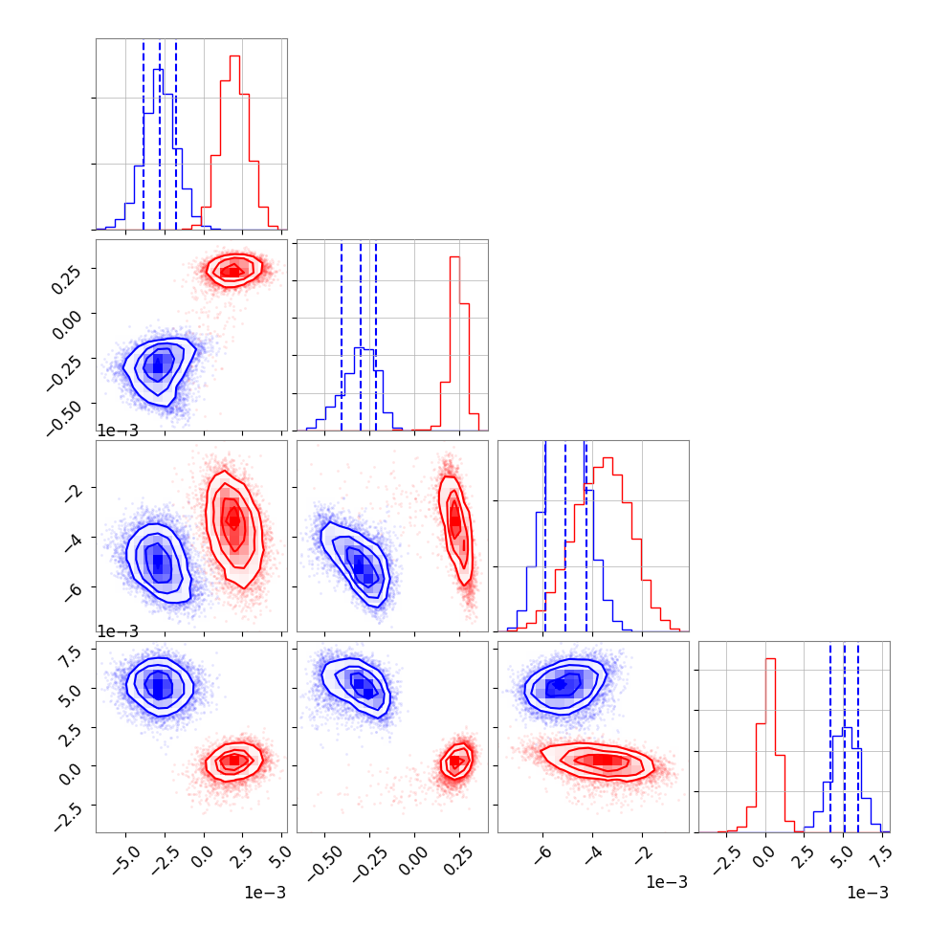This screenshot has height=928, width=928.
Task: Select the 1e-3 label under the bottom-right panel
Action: point(868,893)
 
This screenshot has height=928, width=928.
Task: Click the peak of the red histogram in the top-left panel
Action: point(234,56)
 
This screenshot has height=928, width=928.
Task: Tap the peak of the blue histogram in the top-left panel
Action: point(159,70)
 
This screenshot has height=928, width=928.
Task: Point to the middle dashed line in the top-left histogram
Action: point(160,134)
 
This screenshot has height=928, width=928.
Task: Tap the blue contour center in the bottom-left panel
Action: point(160,685)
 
